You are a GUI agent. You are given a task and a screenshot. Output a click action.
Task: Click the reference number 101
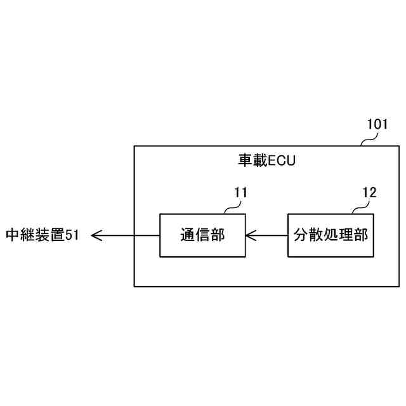377,124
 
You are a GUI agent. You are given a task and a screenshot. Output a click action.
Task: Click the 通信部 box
202,235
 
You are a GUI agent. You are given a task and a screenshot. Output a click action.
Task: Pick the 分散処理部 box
330,235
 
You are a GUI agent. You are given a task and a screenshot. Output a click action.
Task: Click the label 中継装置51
42,235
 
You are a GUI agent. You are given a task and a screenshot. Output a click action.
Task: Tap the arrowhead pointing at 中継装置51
96,235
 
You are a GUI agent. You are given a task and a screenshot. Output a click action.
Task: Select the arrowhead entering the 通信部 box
249,235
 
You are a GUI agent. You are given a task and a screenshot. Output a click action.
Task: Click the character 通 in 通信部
187,235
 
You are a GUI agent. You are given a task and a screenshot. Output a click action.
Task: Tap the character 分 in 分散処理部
301,235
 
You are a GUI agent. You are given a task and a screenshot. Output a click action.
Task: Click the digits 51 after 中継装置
72,235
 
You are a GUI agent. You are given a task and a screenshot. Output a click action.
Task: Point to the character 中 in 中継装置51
13,235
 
